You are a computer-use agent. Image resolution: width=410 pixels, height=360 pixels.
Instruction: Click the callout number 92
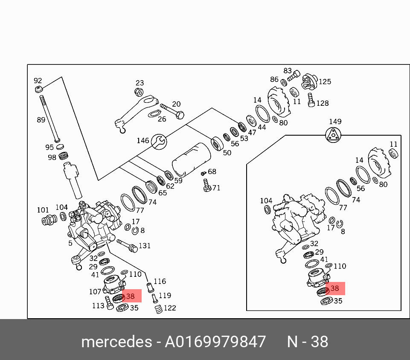pyautogui.click(x=38, y=81)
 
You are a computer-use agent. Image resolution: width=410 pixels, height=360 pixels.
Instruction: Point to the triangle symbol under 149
pyautogui.click(x=335, y=135)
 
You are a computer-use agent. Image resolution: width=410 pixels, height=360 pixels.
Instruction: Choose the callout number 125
pyautogui.click(x=325, y=81)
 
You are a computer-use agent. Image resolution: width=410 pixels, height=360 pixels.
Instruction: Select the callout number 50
pyautogui.click(x=227, y=153)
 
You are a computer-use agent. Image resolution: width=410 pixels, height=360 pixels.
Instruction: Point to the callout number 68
pyautogui.click(x=212, y=171)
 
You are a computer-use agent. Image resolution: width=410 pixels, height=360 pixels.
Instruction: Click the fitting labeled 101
pyautogui.click(x=49, y=220)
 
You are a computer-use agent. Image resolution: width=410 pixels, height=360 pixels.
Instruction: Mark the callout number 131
pyautogui.click(x=145, y=246)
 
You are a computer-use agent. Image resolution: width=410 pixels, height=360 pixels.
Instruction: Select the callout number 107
pyautogui.click(x=95, y=292)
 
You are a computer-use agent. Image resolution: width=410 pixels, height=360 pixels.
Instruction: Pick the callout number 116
pyautogui.click(x=160, y=282)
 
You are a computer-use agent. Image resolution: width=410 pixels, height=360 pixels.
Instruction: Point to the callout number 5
pyautogui.click(x=70, y=244)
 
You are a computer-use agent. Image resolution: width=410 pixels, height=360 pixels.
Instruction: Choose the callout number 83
pyautogui.click(x=288, y=71)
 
